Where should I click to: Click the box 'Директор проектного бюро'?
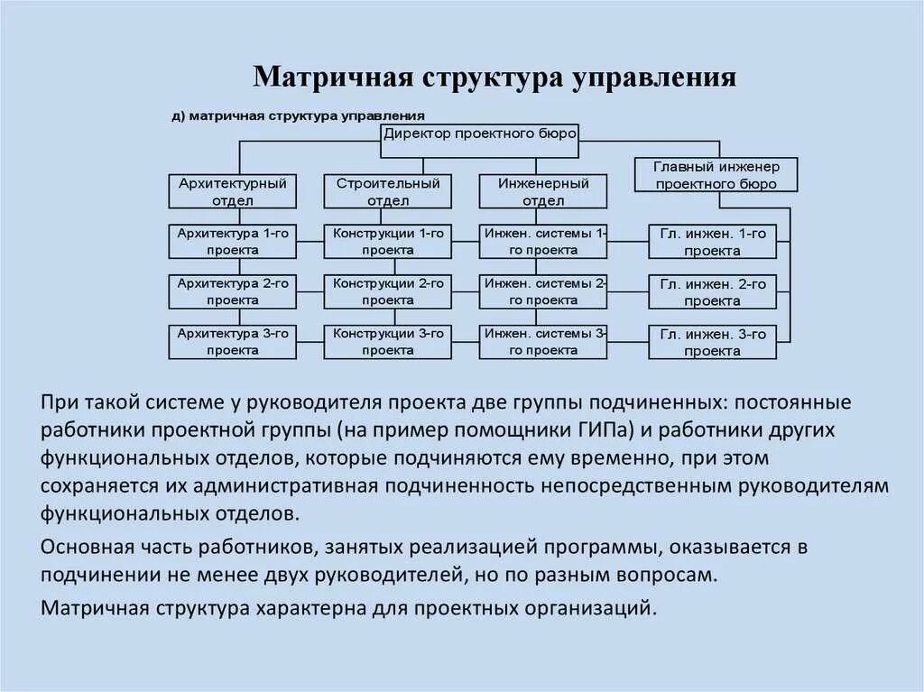(x=480, y=134)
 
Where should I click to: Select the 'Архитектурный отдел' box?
(x=233, y=191)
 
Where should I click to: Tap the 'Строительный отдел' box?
(x=388, y=191)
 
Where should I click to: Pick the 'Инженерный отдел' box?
(x=543, y=191)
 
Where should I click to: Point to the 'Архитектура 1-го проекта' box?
(x=233, y=241)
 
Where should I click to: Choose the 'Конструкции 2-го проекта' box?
(x=388, y=291)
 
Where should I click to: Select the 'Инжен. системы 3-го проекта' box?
(x=543, y=341)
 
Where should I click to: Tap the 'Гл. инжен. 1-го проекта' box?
(x=712, y=242)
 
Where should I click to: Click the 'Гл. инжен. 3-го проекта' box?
(x=712, y=342)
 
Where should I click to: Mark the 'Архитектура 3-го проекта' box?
(x=233, y=341)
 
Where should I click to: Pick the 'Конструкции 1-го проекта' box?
(x=388, y=241)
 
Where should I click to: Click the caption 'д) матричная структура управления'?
(x=298, y=116)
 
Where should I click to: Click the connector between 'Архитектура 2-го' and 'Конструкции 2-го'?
(x=310, y=291)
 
